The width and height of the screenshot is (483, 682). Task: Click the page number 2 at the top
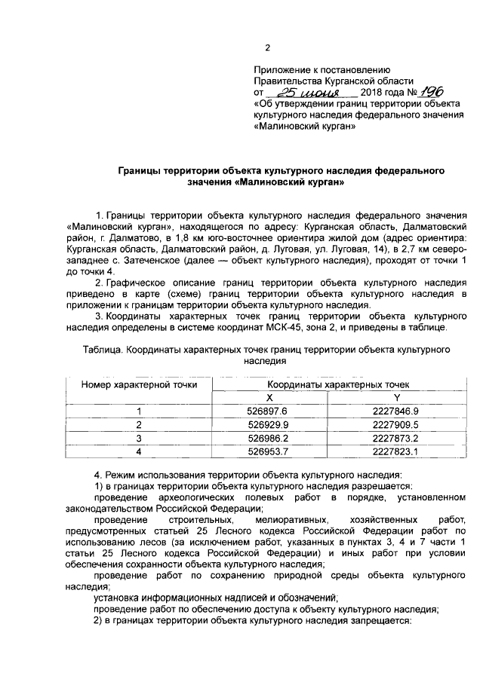click(267, 50)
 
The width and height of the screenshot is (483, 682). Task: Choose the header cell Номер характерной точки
click(140, 384)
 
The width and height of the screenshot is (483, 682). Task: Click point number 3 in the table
click(139, 438)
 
